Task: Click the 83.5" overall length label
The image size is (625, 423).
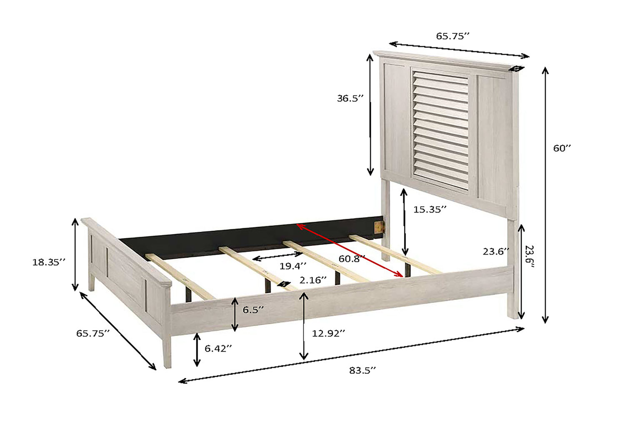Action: pyautogui.click(x=362, y=370)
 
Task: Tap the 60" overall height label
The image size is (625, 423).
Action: pyautogui.click(x=562, y=148)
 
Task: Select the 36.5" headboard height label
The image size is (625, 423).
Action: pyautogui.click(x=350, y=98)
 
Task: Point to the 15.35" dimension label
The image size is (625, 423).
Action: pyautogui.click(x=430, y=209)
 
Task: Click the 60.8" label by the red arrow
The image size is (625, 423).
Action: pyautogui.click(x=352, y=259)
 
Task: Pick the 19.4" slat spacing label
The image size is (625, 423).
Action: pyautogui.click(x=292, y=266)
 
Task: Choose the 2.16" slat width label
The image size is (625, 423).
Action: pyautogui.click(x=313, y=280)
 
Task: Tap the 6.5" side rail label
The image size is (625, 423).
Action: pyautogui.click(x=253, y=310)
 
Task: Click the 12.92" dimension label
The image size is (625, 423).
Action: pyautogui.click(x=328, y=333)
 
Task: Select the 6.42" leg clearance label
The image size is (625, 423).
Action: pyautogui.click(x=218, y=348)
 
